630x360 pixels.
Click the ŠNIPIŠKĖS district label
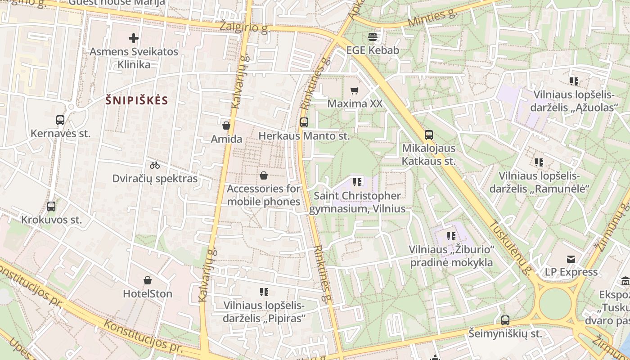(x=136, y=100)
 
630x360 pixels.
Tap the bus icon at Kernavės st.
(x=60, y=120)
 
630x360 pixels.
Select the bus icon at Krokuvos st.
(x=51, y=207)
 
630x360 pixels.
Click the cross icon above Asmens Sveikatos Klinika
(x=134, y=38)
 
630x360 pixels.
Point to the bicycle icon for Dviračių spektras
(x=155, y=165)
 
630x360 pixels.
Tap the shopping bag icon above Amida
(x=226, y=126)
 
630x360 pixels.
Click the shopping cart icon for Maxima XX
(x=355, y=90)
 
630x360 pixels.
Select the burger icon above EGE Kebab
(x=373, y=36)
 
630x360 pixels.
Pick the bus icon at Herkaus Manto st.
(x=304, y=122)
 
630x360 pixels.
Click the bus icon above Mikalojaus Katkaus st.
(x=428, y=135)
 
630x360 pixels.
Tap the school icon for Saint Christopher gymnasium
(x=357, y=182)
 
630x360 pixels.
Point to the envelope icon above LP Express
(x=571, y=259)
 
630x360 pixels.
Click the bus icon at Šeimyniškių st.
(x=505, y=320)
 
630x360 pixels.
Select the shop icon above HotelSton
(x=148, y=280)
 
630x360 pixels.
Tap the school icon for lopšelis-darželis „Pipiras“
(x=264, y=292)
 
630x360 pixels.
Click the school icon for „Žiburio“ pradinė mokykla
(x=451, y=236)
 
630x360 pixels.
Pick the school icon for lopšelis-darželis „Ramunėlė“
(x=539, y=162)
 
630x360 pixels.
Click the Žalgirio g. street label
(x=244, y=27)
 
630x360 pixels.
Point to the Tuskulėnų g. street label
(x=510, y=247)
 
